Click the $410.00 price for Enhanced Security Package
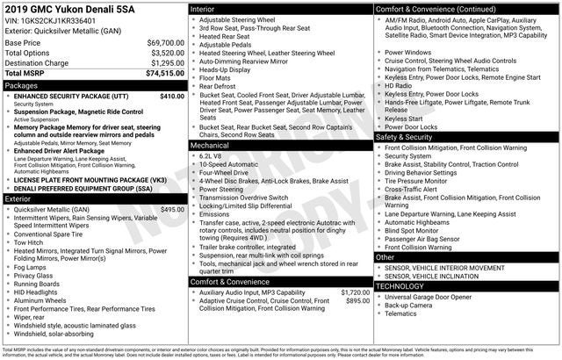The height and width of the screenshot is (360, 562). (x=171, y=96)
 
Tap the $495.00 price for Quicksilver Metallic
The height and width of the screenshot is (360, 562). (x=171, y=210)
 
